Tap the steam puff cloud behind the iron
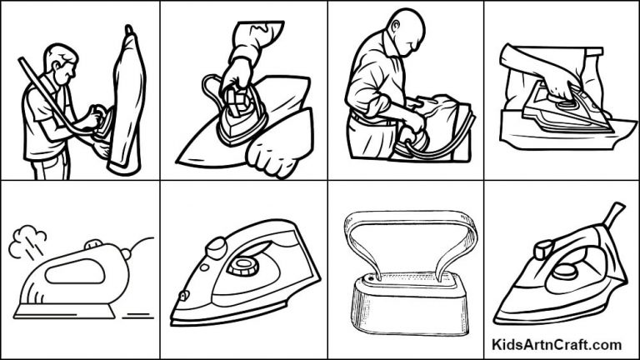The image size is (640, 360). pyautogui.click(x=26, y=241)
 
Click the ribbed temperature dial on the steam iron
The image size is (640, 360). pyautogui.click(x=242, y=267)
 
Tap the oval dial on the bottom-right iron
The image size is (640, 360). pyautogui.click(x=566, y=271)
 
